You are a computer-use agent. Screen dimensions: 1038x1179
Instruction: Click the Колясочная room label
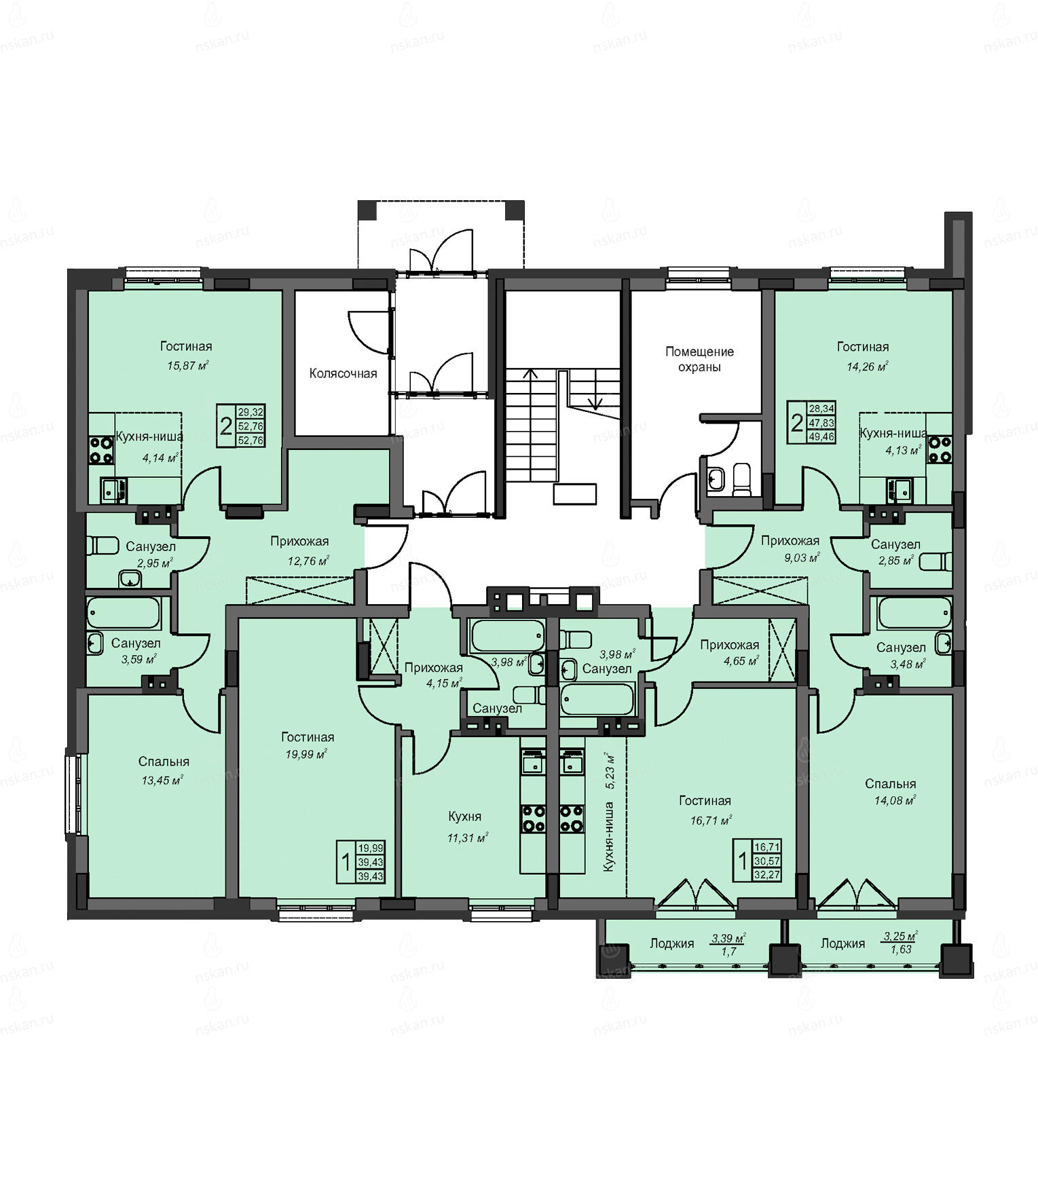point(343,373)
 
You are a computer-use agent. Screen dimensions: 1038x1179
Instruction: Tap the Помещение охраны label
point(699,359)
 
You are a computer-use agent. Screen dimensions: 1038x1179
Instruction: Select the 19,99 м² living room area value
point(305,753)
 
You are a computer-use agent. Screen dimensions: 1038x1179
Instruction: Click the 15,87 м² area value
point(187,365)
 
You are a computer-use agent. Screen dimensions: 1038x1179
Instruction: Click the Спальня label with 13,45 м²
point(164,762)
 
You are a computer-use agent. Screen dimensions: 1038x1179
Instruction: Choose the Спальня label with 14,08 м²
point(891,784)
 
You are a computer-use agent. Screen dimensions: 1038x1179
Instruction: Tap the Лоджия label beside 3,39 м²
point(671,943)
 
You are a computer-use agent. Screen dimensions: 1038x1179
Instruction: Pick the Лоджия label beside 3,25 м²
point(842,943)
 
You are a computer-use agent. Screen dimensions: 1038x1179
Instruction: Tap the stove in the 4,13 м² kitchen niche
point(940,449)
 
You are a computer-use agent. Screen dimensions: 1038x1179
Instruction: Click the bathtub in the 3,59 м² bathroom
point(124,614)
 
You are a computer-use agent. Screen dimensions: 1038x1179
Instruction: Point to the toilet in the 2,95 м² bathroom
point(102,545)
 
